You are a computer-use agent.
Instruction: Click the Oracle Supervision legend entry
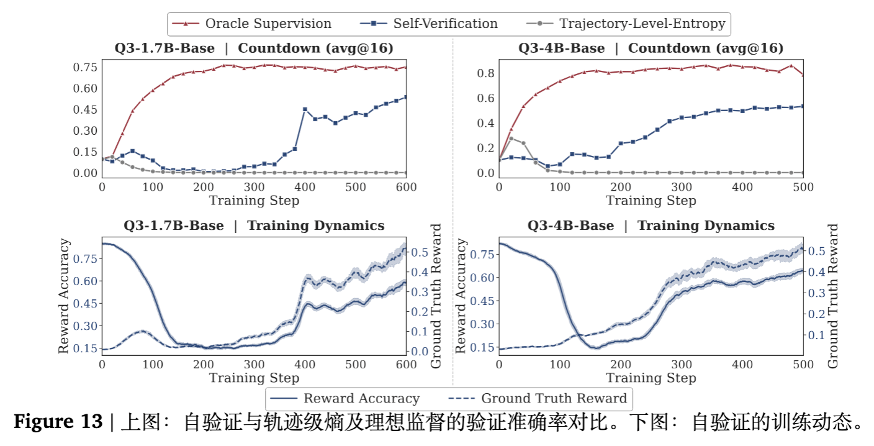268,24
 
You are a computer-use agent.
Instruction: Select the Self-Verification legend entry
445,24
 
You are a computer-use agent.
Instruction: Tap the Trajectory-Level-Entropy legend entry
642,24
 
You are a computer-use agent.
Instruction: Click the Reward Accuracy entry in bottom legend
361,398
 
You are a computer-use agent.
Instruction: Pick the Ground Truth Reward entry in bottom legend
554,398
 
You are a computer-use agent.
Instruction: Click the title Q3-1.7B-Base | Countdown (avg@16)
254,48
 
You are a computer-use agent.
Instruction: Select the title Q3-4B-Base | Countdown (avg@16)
651,48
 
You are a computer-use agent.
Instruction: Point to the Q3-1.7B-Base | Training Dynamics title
254,225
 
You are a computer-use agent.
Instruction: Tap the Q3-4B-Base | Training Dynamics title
651,225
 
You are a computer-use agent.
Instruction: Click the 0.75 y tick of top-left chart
85,67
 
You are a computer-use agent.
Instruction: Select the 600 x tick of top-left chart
405,186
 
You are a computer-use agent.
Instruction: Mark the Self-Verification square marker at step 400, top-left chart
305,109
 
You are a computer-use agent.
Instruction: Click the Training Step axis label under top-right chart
651,200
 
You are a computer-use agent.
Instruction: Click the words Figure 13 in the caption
58,423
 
